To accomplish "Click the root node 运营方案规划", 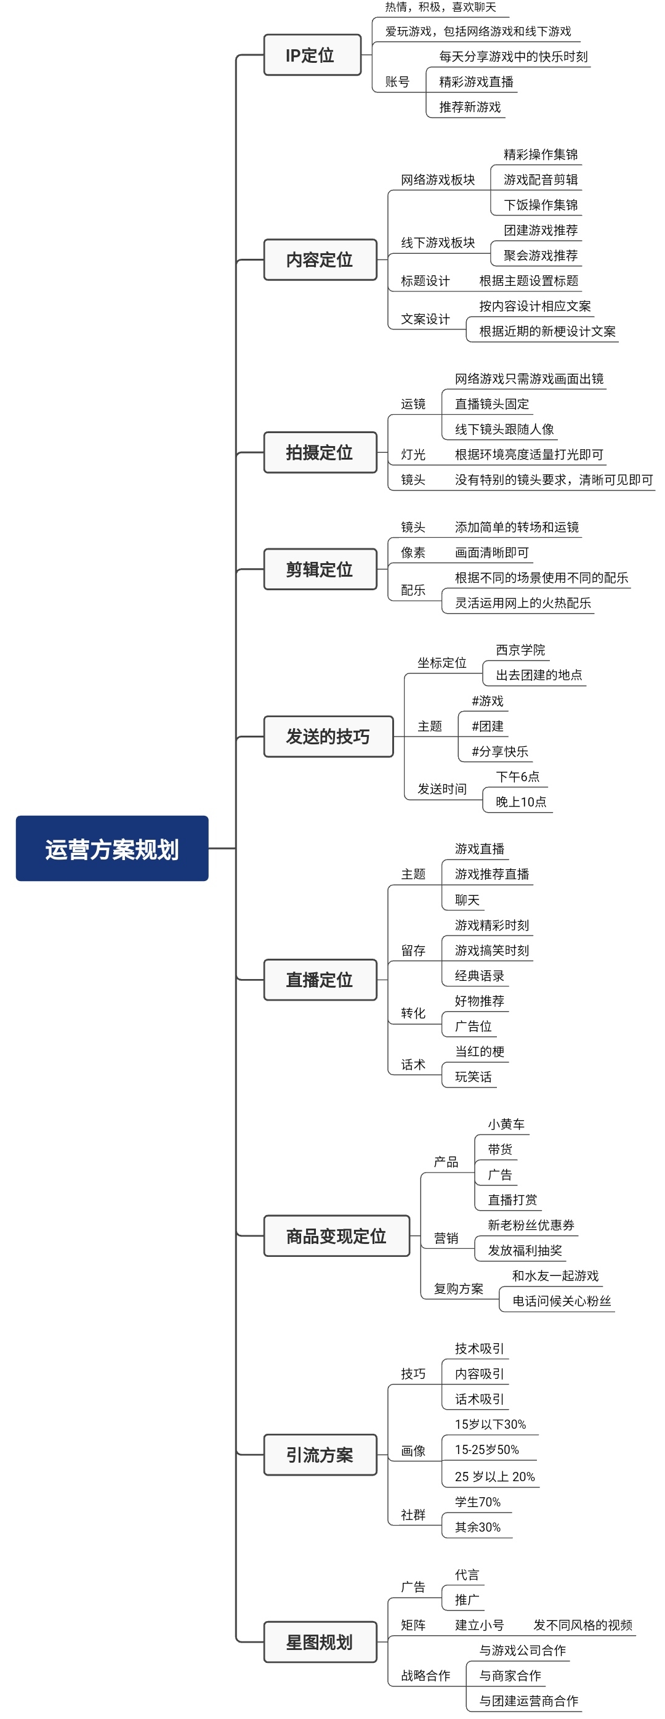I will point(112,848).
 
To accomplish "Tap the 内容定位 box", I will point(320,259).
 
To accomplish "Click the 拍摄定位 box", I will point(320,452).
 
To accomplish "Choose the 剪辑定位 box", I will point(320,569).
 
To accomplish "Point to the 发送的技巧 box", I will point(328,736).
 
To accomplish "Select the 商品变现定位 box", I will point(336,1236).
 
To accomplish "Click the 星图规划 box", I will point(320,1641).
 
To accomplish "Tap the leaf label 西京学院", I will point(520,649).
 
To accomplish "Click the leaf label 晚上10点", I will point(521,802).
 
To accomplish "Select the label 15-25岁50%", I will point(487,1449).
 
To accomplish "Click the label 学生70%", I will point(478,1502).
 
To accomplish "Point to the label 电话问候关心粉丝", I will point(562,1301).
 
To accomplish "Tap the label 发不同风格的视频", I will point(582,1625).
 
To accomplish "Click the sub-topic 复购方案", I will point(458,1288).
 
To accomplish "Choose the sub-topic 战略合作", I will point(425,1675).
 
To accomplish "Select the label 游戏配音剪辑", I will point(540,179).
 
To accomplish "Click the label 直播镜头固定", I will point(491,404).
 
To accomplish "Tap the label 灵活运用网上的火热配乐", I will point(523,603).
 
